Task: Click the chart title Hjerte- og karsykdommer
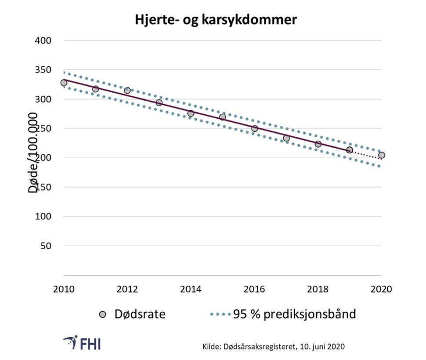216,20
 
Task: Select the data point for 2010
64,83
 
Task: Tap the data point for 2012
127,90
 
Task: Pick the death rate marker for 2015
223,117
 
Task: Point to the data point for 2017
286,138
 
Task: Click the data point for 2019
350,150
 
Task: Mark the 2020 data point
382,155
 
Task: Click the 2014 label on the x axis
191,289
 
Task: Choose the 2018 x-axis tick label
318,289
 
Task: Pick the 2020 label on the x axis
381,289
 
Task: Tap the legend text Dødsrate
140,314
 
